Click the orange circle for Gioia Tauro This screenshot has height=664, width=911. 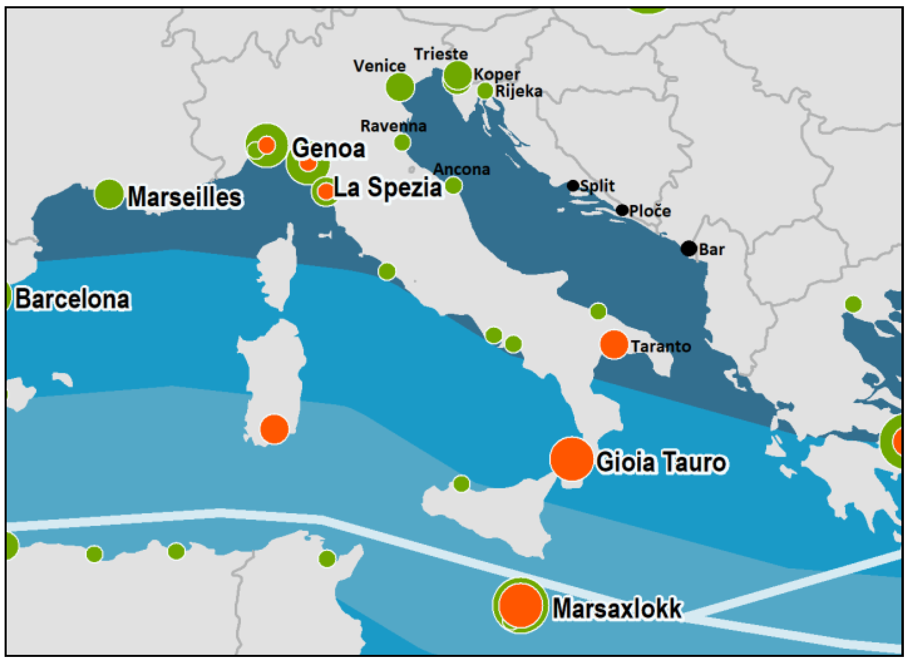572,459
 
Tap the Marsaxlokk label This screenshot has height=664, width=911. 617,609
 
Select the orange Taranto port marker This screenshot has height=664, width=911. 614,345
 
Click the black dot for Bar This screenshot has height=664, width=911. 688,249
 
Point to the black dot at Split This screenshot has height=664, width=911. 573,186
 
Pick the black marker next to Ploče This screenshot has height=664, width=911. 622,210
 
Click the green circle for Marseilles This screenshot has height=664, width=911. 109,194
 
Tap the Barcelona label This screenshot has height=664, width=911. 73,299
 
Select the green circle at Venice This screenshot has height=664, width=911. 400,87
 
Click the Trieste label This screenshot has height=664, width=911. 440,54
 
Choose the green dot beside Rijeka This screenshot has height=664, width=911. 485,91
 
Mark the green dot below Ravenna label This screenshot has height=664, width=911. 402,143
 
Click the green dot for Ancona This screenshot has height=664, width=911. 453,185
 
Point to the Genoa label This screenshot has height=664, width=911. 329,148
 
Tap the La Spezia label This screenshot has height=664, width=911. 387,187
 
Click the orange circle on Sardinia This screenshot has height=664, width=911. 274,429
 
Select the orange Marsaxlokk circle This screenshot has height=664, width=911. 520,605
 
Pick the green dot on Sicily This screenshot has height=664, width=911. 461,484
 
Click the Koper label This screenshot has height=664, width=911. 497,75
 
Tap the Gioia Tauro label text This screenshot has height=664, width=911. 662,462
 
